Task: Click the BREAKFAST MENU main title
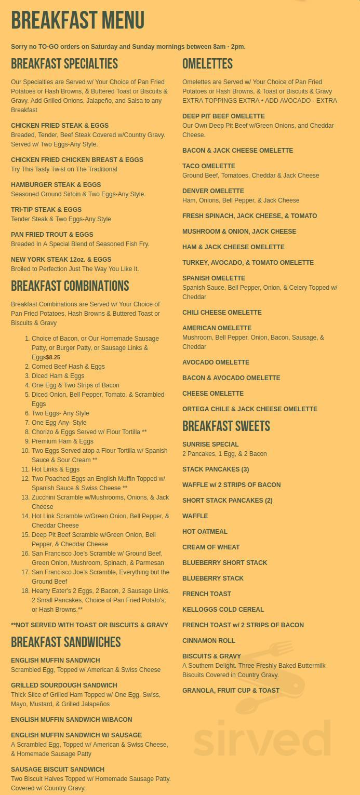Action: point(77,21)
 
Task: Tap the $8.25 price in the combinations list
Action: point(53,357)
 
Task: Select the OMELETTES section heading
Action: point(207,64)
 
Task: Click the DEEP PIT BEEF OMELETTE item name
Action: point(223,116)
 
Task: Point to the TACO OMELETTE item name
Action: point(208,166)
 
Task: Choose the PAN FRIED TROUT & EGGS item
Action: point(52,235)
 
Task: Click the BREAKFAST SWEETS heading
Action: point(226,426)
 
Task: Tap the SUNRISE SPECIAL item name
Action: point(210,444)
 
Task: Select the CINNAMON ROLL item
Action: point(208,641)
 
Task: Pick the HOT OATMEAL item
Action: point(205,532)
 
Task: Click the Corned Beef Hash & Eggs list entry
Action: point(68,367)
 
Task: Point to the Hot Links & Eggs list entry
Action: point(56,469)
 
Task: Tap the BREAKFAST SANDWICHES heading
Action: point(65,642)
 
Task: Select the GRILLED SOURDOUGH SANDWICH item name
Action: point(64,685)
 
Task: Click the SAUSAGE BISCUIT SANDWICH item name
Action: point(58,770)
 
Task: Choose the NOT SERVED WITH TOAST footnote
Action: point(89,625)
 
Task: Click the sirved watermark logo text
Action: point(262,738)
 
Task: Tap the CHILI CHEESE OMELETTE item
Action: point(222,313)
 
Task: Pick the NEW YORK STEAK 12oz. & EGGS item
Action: point(61,260)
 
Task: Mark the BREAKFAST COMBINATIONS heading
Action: point(70,286)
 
